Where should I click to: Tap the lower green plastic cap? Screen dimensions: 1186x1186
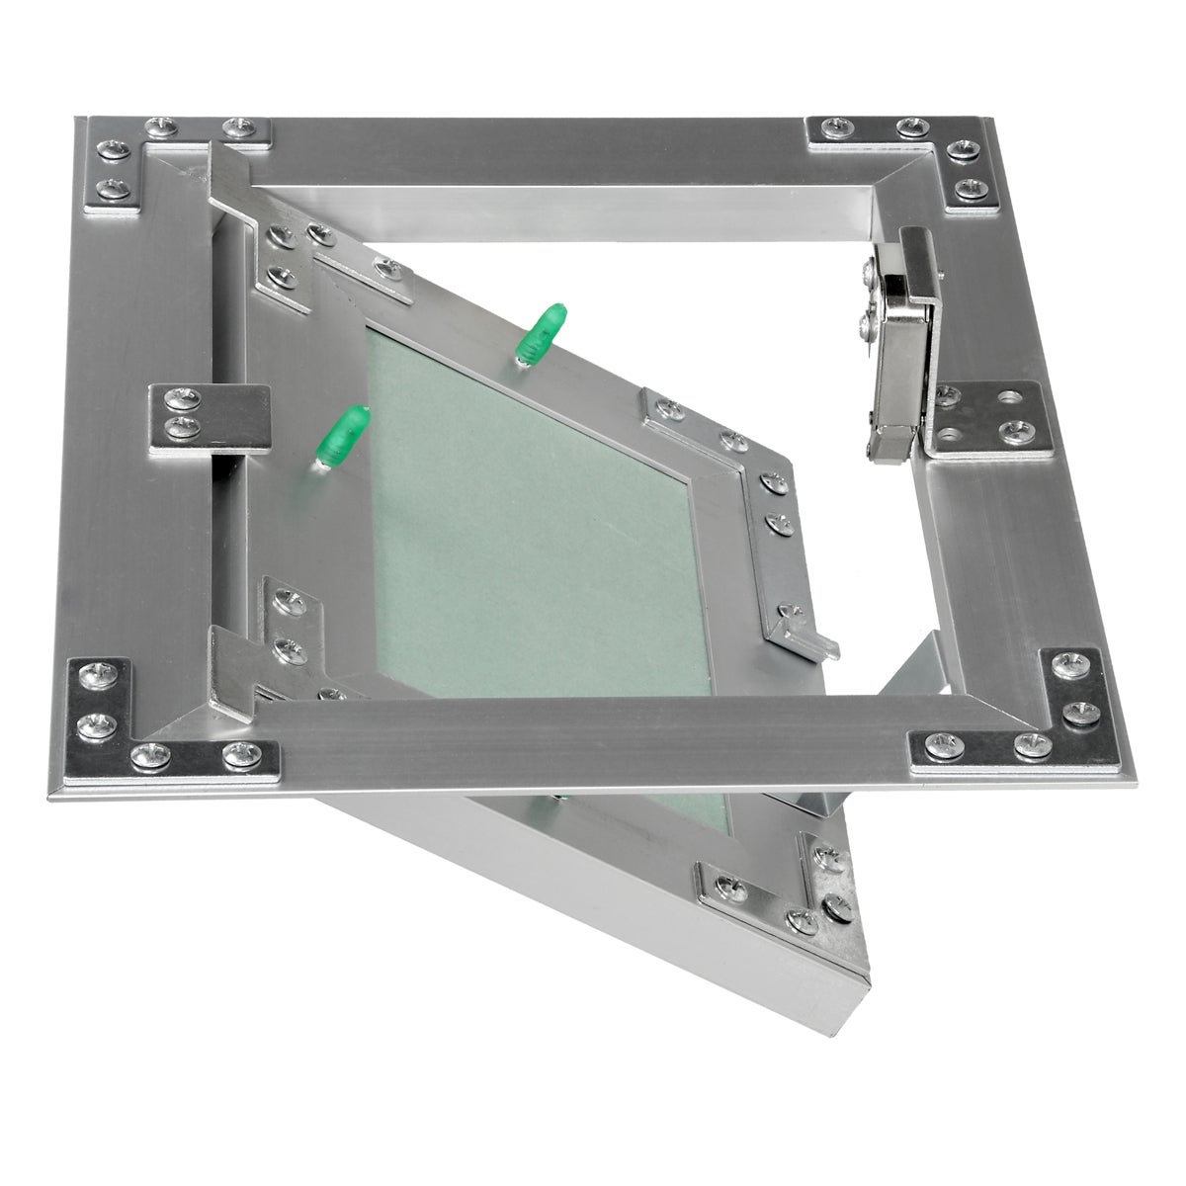(x=341, y=433)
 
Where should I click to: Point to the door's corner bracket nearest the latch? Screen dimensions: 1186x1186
(x=731, y=455)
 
